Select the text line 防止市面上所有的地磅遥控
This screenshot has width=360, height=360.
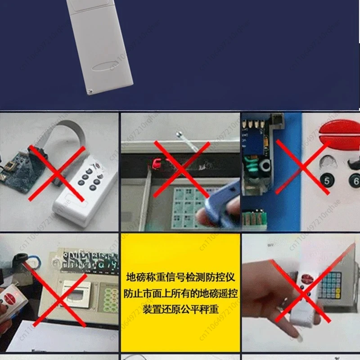(x=180, y=293)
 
